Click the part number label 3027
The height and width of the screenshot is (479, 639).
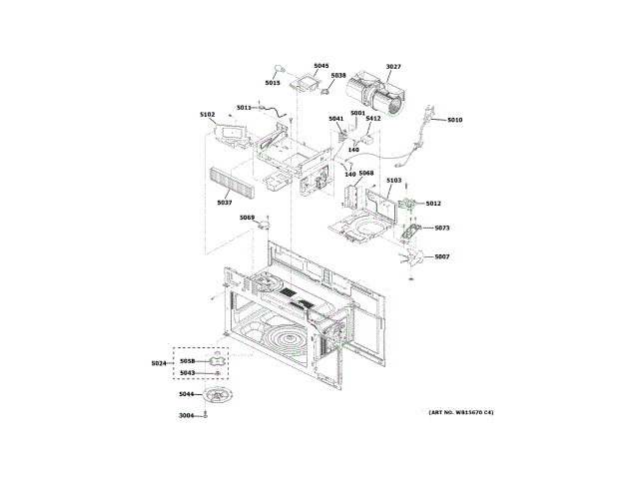393,67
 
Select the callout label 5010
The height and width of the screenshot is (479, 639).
455,120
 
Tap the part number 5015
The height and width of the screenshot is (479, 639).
273,83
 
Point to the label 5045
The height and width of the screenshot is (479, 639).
320,66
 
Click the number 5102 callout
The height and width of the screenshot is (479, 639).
208,115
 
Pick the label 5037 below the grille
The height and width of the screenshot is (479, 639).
225,203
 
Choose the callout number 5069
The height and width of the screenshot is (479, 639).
247,218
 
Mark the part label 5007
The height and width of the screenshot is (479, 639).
442,257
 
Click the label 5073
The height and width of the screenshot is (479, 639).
442,229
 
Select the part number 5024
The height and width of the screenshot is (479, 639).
159,362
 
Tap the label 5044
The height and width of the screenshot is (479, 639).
187,394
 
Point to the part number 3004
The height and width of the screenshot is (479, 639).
187,415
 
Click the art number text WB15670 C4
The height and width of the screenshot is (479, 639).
461,413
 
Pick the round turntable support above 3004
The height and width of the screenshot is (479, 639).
218,395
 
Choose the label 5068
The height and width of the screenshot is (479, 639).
366,173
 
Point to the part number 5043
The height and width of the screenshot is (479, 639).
188,373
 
